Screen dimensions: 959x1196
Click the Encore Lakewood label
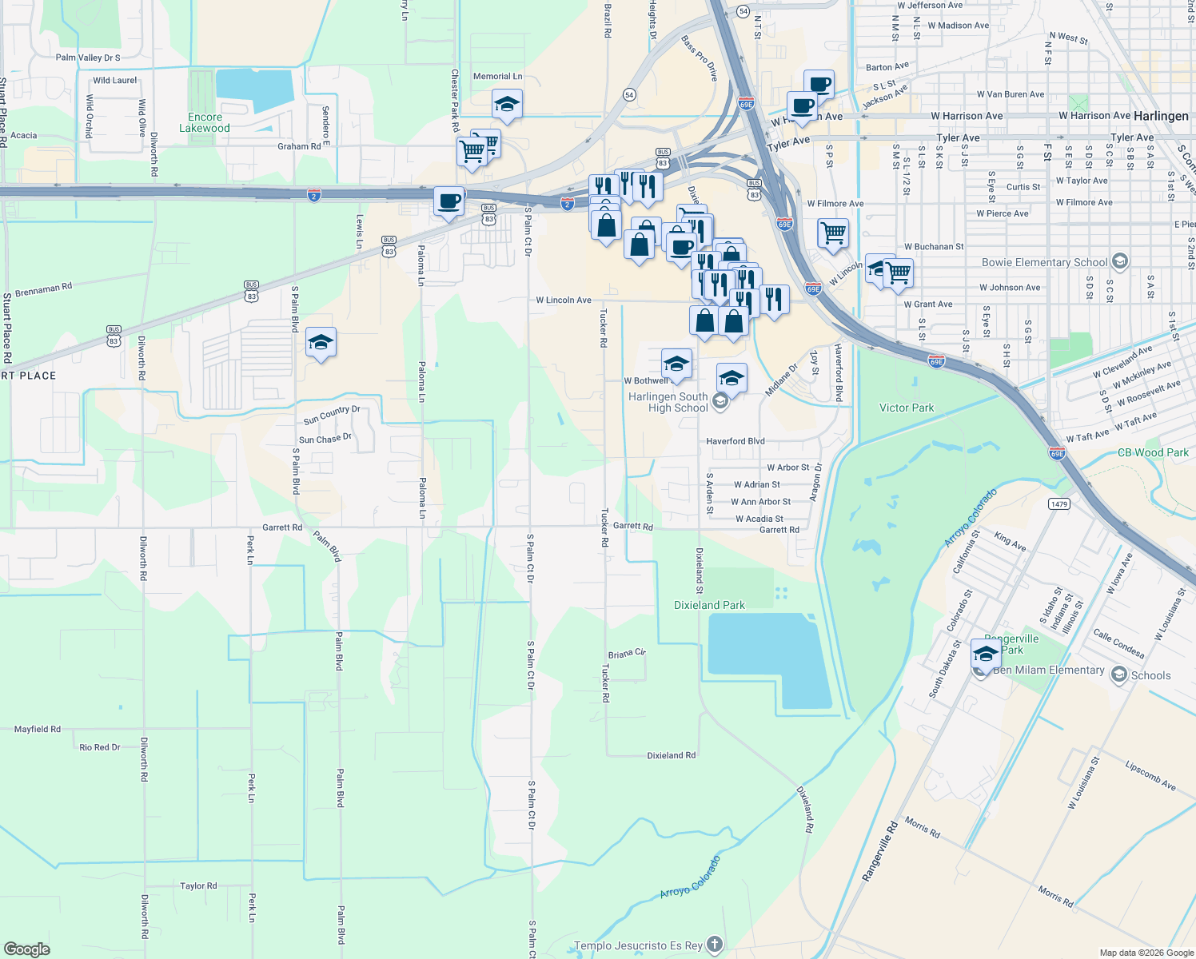pos(205,122)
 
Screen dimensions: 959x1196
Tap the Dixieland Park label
pos(709,605)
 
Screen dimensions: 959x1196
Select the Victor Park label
pos(907,408)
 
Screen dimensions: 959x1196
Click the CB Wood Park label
pos(1153,452)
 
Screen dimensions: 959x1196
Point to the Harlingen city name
pos(1161,116)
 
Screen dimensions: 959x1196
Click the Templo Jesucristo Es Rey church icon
pos(715,945)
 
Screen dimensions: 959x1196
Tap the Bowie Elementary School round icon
pos(1120,261)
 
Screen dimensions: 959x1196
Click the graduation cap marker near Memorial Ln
pos(507,104)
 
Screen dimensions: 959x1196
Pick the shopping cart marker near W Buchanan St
pos(833,233)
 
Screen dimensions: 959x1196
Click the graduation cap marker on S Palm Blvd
pos(321,343)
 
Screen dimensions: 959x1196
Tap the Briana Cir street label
pos(627,654)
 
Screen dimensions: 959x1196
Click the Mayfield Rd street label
pos(38,729)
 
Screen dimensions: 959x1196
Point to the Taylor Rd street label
pos(198,885)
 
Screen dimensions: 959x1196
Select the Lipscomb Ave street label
pos(1150,776)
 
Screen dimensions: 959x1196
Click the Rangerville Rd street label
pos(880,851)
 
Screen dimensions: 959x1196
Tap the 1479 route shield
pos(1059,503)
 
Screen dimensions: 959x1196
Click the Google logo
pos(27,949)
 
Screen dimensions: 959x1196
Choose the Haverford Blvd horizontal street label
pos(736,441)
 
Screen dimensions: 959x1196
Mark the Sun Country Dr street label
pos(332,415)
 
